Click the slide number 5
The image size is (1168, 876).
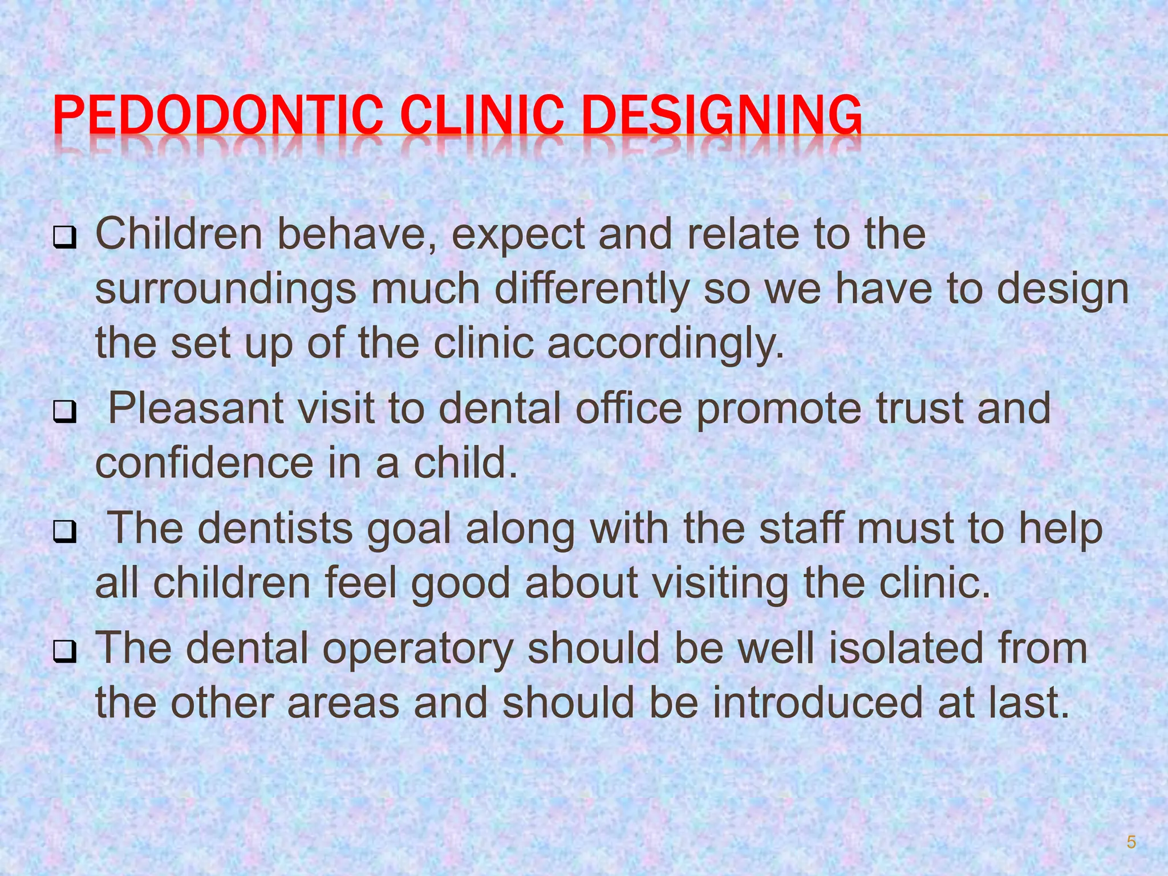1131,842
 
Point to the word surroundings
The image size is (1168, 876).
226,290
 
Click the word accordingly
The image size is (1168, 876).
666,344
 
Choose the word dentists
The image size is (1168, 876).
275,528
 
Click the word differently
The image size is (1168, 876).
592,290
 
